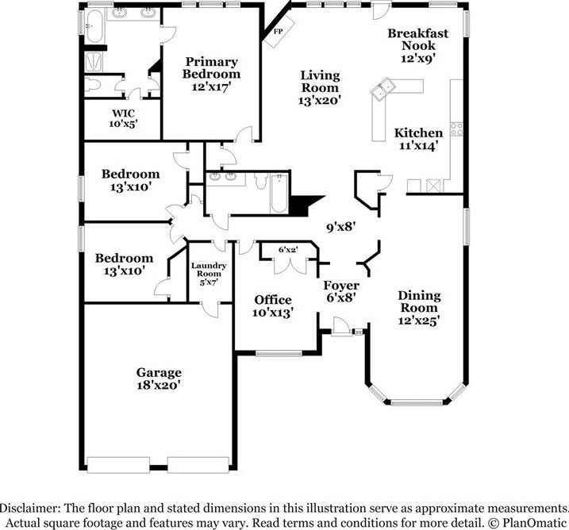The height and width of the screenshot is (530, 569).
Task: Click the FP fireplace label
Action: (279, 32)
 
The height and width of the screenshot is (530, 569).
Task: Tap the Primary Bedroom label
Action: (211, 74)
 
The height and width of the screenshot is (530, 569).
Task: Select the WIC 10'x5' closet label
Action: (124, 118)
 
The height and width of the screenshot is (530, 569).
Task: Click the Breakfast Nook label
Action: (418, 45)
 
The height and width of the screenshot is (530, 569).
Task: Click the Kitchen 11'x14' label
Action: (418, 139)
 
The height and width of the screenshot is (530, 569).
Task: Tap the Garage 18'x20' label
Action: (159, 378)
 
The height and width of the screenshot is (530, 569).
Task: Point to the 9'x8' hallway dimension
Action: (340, 226)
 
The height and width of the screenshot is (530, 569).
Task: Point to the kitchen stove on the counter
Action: (456, 128)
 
